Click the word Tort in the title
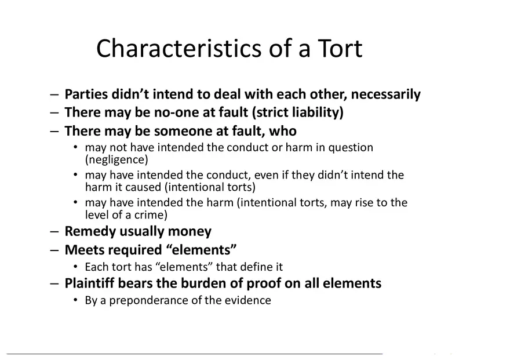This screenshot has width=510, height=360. click(x=338, y=49)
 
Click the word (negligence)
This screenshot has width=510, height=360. click(x=116, y=159)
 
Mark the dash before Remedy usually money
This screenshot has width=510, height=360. click(x=54, y=232)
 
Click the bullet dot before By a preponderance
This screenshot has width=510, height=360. click(x=75, y=300)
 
